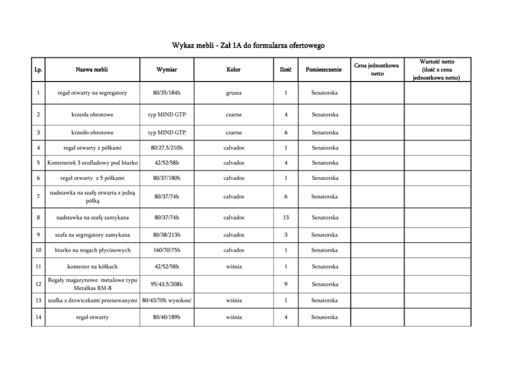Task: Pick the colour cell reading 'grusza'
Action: [233, 93]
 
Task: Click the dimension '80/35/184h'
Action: [167, 93]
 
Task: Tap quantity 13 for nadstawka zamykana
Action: [285, 218]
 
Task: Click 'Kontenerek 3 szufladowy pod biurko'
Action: [88, 163]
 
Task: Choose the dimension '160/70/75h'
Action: [167, 250]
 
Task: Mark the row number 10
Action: [38, 250]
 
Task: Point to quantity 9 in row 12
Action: [285, 284]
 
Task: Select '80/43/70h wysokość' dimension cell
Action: [167, 301]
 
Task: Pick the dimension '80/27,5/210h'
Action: [167, 148]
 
